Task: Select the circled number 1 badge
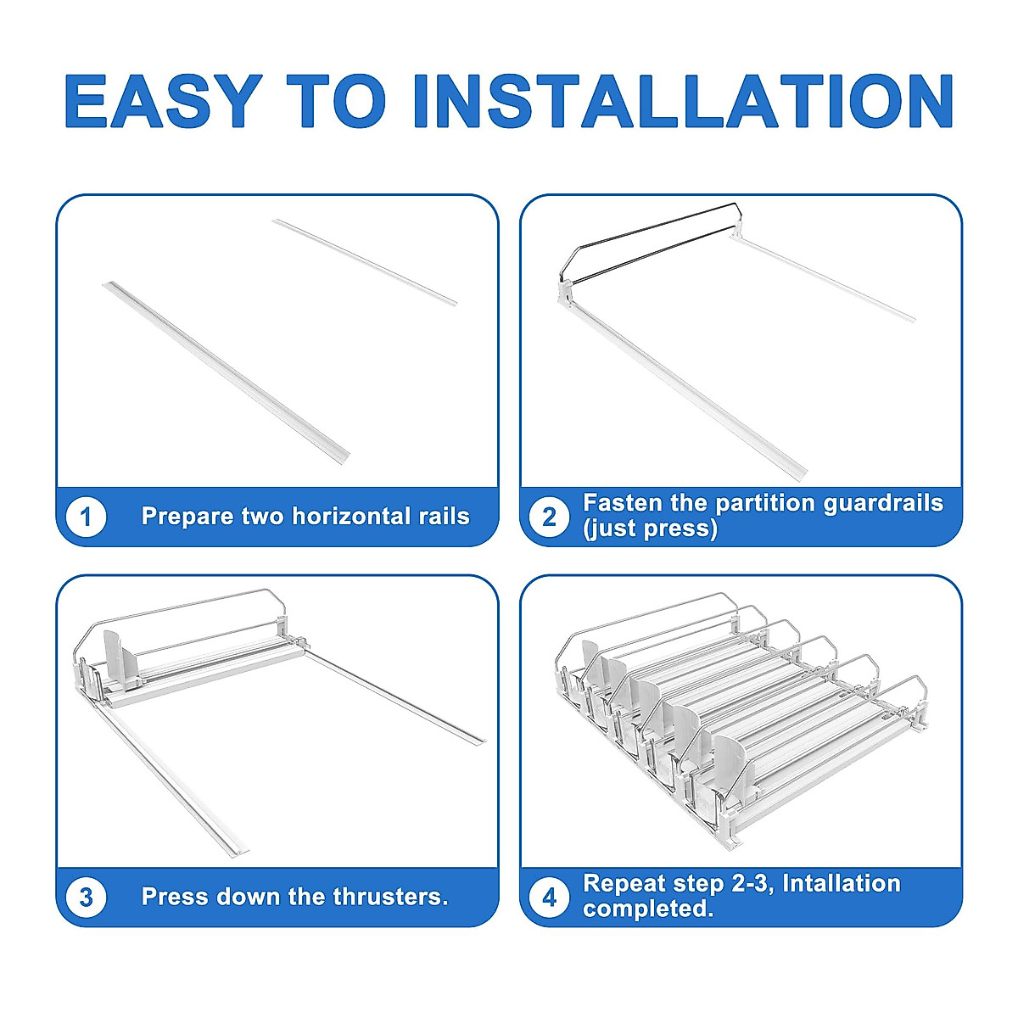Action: click(87, 516)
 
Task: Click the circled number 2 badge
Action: click(550, 516)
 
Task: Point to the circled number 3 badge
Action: click(87, 897)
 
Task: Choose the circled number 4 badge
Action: click(550, 897)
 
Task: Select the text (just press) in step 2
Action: click(651, 529)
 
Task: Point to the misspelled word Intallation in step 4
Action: click(842, 883)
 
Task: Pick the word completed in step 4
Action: click(648, 909)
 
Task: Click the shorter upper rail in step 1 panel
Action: click(365, 262)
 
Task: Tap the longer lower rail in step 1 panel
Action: click(227, 373)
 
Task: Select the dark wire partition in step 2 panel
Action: click(648, 243)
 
